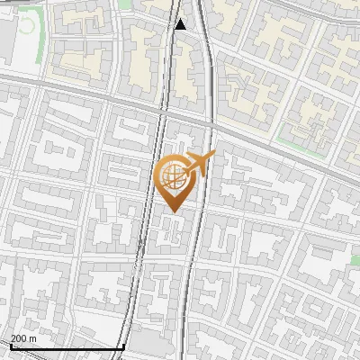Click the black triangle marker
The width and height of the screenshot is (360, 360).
181,24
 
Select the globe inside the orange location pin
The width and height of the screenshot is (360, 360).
174,177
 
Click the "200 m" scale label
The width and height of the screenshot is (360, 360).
23,338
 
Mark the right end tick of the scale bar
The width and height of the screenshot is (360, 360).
123,346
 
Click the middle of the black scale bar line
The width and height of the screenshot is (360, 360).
67,347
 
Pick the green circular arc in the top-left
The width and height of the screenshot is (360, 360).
27,25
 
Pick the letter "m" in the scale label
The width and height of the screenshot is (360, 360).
33,338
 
